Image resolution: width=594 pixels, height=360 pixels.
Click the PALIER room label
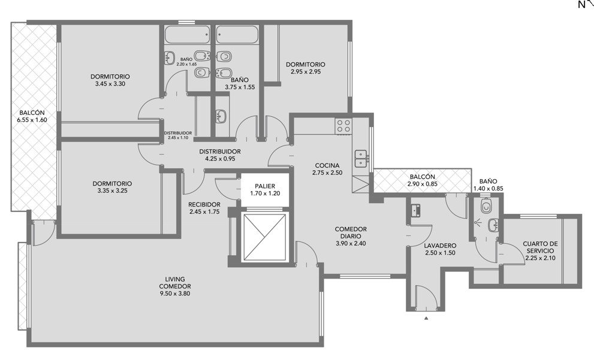pos(265,186)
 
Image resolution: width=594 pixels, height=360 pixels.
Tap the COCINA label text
pos(327,165)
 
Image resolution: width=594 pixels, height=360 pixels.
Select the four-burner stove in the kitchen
pos(343,126)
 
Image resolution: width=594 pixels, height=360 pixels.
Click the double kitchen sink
pos(361,159)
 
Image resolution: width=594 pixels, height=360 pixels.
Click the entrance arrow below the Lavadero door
pos(426,318)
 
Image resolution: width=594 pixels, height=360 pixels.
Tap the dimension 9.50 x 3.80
pos(174,294)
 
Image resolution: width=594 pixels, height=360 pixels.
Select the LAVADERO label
pos(440,246)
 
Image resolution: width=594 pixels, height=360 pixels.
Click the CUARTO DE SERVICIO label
pos(540,247)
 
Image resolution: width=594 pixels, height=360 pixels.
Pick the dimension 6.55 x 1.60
pos(32,120)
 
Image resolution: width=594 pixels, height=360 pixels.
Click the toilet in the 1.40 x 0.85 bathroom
pos(486,206)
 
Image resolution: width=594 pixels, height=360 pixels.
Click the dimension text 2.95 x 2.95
pos(306,71)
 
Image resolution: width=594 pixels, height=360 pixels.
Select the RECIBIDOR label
pos(204,205)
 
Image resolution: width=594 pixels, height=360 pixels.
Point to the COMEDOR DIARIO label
pos(351,233)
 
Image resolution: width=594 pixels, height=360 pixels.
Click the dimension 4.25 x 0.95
pos(220,159)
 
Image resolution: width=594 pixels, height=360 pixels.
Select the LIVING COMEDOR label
pos(174,283)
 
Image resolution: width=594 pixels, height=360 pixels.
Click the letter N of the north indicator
pos(581,5)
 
